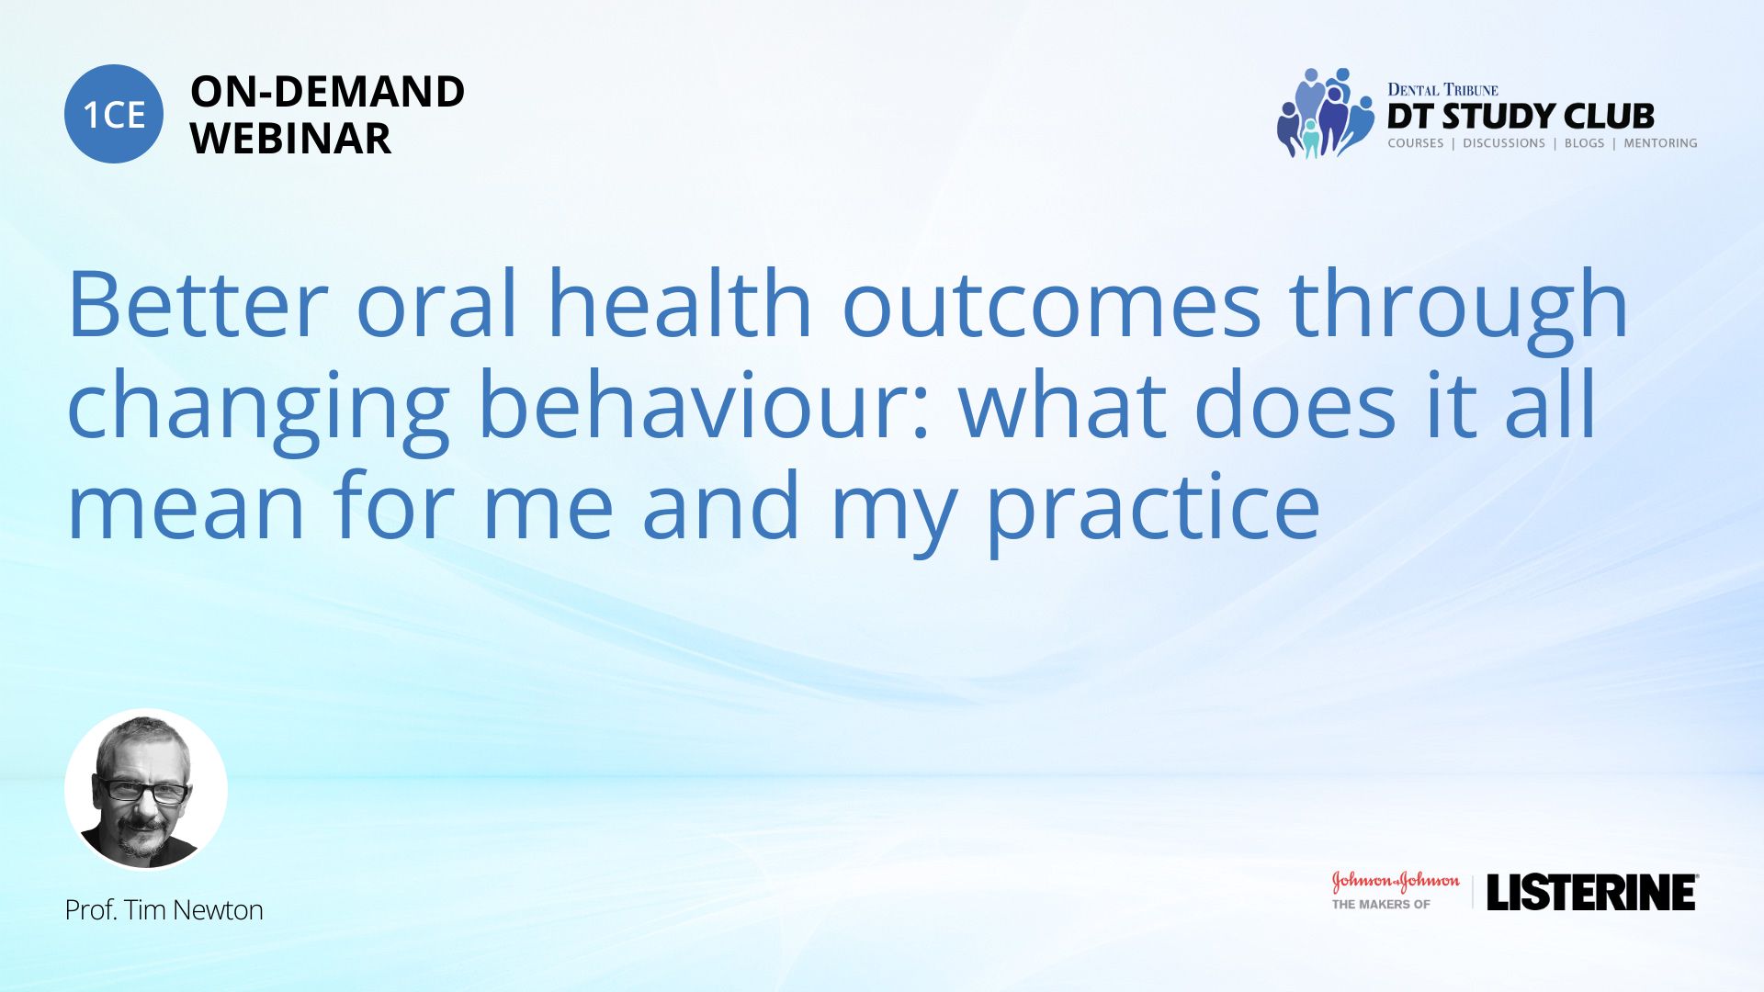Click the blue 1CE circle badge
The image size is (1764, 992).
coord(114,114)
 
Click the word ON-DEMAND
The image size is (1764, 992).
coord(327,92)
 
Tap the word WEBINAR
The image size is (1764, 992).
coord(290,139)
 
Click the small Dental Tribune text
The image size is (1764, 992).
coord(1442,90)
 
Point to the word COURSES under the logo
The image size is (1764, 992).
coord(1416,143)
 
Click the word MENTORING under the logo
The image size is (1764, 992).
coord(1660,143)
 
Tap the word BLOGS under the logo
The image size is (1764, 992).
coord(1584,143)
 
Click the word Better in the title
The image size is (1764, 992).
coord(198,305)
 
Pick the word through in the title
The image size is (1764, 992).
coord(1459,311)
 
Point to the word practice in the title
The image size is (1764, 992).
coord(1153,511)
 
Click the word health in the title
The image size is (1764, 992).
coord(680,304)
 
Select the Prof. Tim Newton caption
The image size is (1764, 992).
coord(164,909)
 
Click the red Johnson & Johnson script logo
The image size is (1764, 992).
coord(1396,882)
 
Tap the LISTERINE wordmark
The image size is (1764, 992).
coord(1592,892)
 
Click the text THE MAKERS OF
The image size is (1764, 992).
coord(1381,905)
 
